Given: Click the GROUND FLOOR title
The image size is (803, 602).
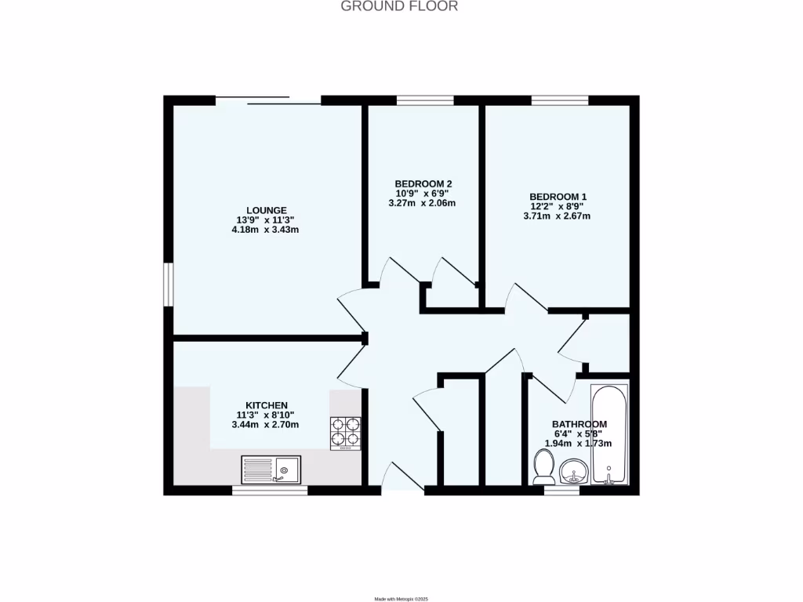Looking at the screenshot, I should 399,6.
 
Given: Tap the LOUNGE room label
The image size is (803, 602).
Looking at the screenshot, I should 267,210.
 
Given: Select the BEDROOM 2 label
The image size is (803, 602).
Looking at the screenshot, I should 423,183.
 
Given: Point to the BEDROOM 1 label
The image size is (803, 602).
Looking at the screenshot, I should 558,197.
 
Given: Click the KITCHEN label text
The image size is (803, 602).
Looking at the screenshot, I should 267,405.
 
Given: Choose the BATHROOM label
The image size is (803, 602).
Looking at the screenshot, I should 579,424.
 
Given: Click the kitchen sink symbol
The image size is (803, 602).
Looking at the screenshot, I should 271,470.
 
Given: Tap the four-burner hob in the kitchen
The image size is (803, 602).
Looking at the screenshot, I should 345,433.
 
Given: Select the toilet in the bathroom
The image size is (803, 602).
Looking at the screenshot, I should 543,466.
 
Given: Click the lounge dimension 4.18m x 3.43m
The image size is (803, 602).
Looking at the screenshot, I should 267,230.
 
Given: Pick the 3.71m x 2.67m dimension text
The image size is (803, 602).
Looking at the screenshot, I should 558,216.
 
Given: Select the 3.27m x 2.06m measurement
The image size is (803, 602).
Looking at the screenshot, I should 423,203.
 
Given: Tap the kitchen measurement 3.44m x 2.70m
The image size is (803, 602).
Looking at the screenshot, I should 266,424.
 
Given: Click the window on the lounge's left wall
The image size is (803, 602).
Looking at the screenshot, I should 167,283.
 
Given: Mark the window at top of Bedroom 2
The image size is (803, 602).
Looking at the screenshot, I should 424,100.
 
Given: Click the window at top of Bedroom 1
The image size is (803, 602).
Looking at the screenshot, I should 560,100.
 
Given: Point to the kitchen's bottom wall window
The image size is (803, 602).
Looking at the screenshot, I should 270,491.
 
